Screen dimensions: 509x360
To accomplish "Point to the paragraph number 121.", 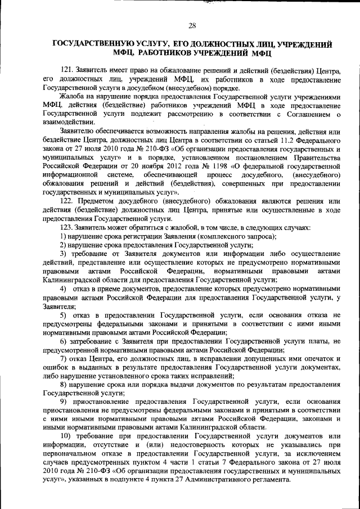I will (67, 69).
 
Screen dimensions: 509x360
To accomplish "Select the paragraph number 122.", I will (67, 201).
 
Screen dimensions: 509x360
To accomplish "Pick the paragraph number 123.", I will (67, 227).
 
